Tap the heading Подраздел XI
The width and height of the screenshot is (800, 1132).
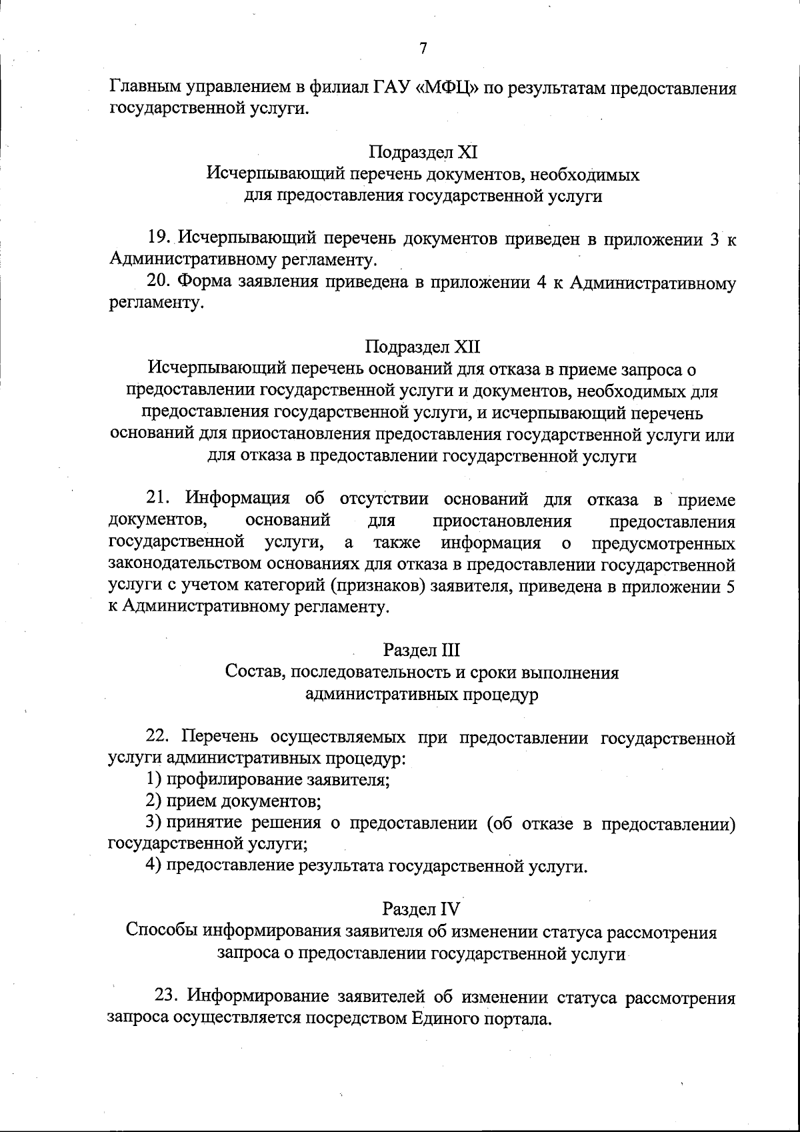tap(423, 153)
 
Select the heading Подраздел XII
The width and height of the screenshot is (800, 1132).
tap(423, 347)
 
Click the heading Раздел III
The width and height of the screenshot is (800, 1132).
tap(422, 650)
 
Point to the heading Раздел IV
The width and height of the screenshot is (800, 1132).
tap(422, 909)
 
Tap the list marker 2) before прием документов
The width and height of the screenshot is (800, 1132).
tap(153, 801)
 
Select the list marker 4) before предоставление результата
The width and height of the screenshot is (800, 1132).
tap(153, 866)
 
